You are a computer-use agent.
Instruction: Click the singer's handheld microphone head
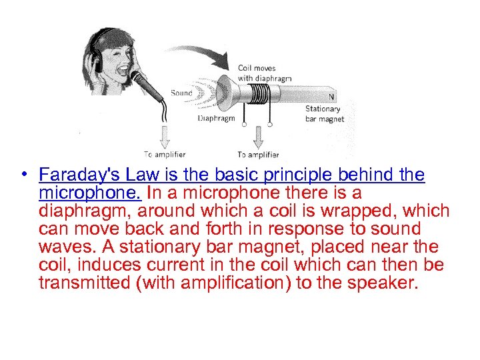point(139,79)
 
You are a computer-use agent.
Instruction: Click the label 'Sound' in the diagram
point(181,93)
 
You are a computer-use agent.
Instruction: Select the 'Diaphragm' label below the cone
point(216,119)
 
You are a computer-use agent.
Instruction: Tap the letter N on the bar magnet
point(331,96)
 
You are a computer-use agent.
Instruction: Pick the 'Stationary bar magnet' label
point(325,114)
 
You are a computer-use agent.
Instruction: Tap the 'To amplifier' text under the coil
point(259,155)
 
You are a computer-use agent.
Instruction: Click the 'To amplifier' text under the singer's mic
point(165,155)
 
